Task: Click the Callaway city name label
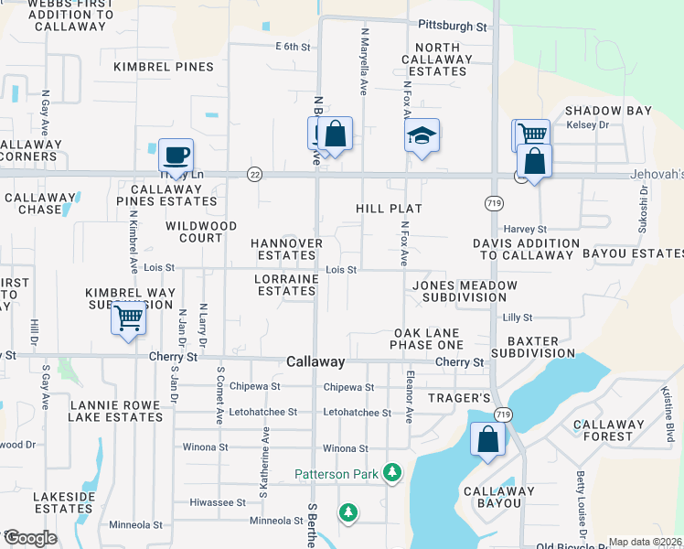315,362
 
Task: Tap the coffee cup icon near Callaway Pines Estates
176,154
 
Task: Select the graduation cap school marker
422,135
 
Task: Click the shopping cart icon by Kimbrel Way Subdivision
129,319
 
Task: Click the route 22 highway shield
255,174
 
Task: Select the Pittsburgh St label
453,27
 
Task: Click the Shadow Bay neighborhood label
608,111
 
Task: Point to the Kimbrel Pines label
164,67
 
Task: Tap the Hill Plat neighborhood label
389,209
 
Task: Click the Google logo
29,538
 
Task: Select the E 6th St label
293,46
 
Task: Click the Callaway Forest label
603,430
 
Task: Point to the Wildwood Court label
201,231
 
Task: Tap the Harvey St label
524,229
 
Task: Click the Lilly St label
518,317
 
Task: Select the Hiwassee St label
217,502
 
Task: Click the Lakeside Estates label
64,502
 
